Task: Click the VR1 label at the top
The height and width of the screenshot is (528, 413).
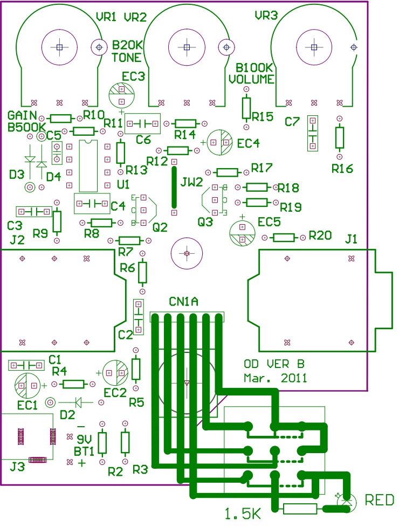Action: (x=106, y=17)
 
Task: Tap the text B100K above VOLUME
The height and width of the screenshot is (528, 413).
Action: (x=256, y=68)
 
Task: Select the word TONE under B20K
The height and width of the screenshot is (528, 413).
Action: (x=127, y=57)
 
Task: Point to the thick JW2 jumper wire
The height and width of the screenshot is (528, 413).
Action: (x=174, y=187)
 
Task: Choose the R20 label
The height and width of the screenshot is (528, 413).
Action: (x=320, y=235)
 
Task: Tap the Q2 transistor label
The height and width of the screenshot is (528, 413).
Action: (x=160, y=228)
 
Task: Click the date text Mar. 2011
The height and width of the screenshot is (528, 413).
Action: (x=275, y=378)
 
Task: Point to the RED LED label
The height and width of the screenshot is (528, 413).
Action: (x=380, y=500)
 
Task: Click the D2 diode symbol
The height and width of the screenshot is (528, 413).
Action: (x=78, y=401)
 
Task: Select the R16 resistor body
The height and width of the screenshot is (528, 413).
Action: (x=339, y=137)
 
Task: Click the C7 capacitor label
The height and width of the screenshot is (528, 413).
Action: (x=292, y=122)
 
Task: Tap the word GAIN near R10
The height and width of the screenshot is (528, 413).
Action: (x=22, y=115)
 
